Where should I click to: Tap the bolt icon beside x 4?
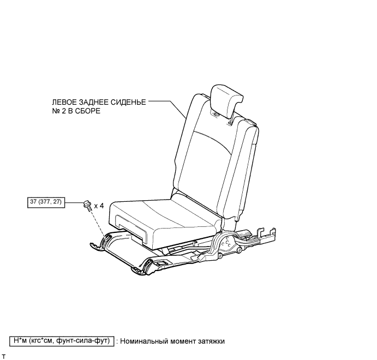point(87,205)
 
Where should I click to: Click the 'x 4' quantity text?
point(99,206)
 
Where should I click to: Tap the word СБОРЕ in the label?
point(90,110)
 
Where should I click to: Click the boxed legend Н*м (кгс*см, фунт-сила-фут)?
point(61,341)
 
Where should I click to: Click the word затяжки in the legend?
point(210,341)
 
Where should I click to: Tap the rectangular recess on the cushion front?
point(131,229)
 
